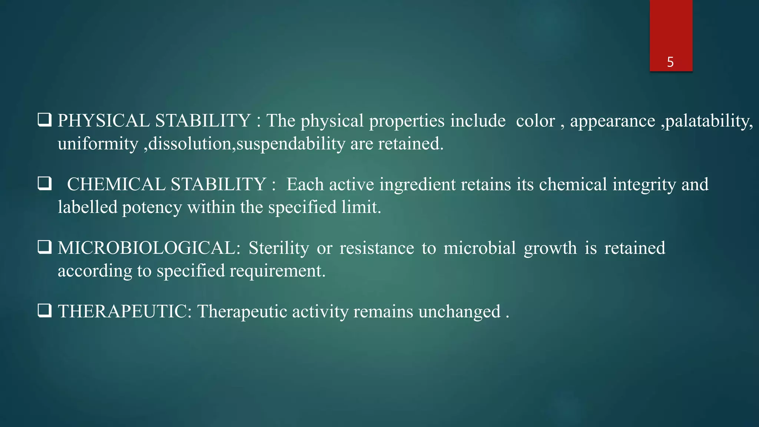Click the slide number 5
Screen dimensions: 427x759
[670, 62]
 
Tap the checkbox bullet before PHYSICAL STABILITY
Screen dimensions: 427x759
[44, 120]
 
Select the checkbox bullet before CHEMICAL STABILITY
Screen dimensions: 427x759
[44, 183]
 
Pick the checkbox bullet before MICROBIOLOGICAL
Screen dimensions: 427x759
[44, 247]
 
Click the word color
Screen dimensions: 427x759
[535, 121]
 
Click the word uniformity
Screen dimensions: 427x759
[98, 144]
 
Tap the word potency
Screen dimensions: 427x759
[152, 208]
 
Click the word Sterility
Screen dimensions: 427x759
[279, 248]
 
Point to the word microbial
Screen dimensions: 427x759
[480, 248]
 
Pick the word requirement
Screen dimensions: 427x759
[277, 271]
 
